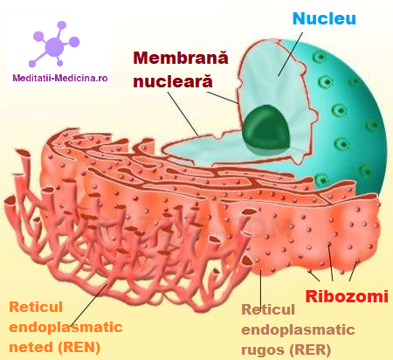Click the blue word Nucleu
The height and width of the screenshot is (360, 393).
(x=324, y=18)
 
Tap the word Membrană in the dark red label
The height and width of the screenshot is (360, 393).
(x=181, y=58)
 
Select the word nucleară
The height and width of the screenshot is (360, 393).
(x=173, y=80)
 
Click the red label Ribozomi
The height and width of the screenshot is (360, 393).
(x=347, y=296)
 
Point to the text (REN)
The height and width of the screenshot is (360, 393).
(x=79, y=347)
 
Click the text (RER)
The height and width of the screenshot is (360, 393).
(x=310, y=350)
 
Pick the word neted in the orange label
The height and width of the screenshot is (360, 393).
(x=31, y=347)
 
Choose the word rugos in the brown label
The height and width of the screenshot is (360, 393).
(x=263, y=350)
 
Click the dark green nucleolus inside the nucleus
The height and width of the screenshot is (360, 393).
(x=266, y=128)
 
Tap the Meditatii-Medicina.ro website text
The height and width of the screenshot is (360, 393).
(x=60, y=78)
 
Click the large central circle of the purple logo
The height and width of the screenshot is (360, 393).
(x=55, y=46)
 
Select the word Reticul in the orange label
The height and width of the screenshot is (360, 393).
(x=36, y=307)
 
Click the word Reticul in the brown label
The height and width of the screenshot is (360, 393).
(x=268, y=309)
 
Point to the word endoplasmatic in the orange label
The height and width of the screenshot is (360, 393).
(x=65, y=328)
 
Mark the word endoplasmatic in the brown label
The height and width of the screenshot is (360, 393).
(x=298, y=330)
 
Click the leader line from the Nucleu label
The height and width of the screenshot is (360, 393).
(x=291, y=54)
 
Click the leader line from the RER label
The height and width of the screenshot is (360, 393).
(x=261, y=289)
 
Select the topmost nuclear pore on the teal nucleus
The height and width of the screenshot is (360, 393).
(x=320, y=57)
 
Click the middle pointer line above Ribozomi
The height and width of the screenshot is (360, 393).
(x=331, y=262)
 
